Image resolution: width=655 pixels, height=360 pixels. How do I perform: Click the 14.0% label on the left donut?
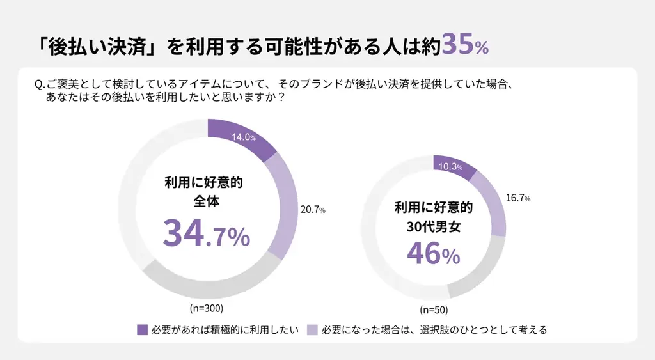244,137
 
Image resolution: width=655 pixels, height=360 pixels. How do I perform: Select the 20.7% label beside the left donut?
313,210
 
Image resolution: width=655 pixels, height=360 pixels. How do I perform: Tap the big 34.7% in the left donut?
206,233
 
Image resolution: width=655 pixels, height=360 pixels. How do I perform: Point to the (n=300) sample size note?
206,308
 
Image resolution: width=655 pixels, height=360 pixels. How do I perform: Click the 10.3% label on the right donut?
450,166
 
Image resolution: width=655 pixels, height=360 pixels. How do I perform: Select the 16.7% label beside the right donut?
517,198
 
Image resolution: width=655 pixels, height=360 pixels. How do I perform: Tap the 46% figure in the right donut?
433,254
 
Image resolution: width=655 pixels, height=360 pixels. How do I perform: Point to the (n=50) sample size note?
434,310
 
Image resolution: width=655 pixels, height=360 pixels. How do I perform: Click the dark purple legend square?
142,330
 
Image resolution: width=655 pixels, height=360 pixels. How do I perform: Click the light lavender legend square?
312,330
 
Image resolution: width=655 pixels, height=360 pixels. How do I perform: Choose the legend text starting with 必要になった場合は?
434,330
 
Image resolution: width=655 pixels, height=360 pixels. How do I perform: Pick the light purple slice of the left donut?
285,205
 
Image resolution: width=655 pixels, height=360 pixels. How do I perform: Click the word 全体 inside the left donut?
206,201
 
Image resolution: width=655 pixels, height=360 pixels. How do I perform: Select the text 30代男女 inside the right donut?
433,225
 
